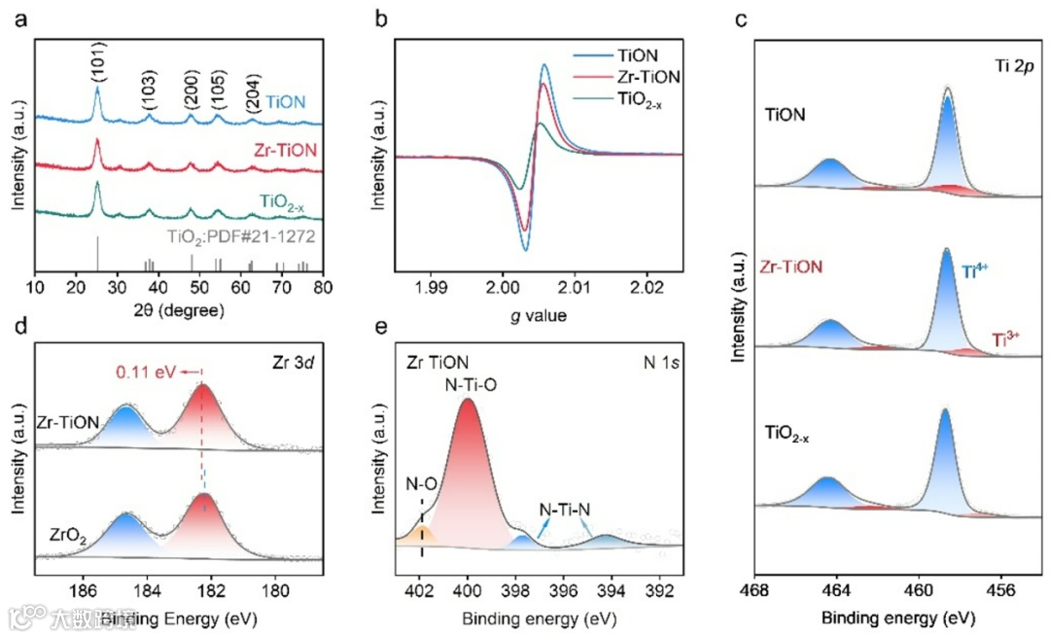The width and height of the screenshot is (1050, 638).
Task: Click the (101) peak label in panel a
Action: tap(98, 61)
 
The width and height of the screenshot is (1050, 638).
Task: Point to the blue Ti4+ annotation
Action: tap(978, 273)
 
